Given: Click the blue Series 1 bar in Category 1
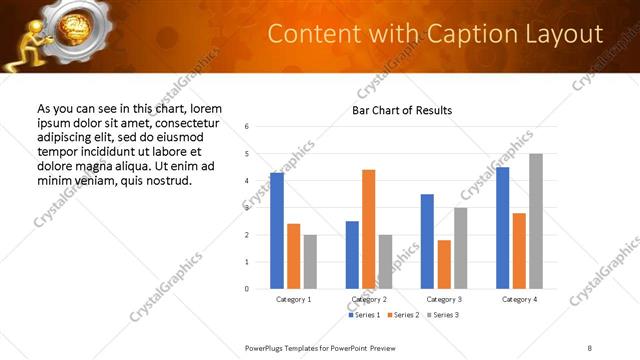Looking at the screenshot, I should click(277, 231).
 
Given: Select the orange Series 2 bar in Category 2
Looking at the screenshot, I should click(368, 229).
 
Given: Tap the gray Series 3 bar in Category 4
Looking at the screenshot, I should click(536, 221).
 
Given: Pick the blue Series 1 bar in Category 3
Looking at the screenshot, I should click(427, 241).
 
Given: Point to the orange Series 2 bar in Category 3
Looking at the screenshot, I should click(444, 264).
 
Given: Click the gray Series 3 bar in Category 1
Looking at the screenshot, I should click(310, 262).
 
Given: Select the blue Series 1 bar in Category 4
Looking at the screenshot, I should click(502, 228).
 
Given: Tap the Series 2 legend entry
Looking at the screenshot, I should click(403, 315).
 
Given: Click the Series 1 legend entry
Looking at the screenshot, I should click(365, 315).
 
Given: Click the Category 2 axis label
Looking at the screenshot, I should click(368, 299).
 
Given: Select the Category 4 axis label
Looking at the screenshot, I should click(519, 299).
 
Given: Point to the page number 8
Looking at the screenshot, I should click(590, 347).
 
